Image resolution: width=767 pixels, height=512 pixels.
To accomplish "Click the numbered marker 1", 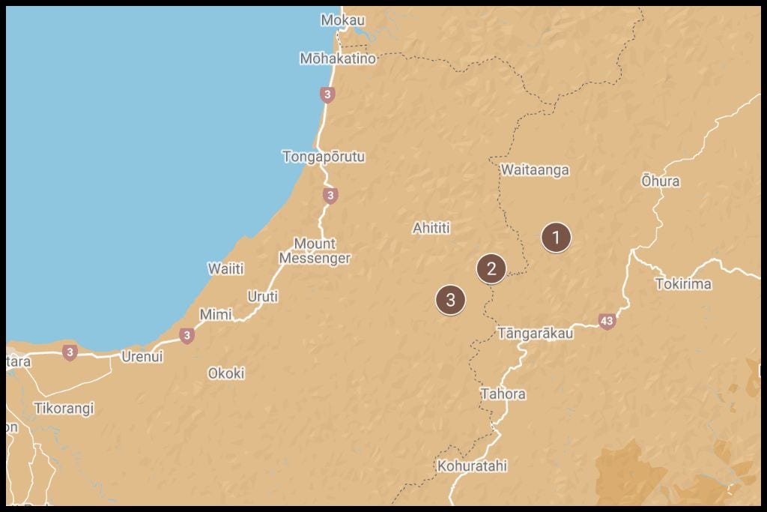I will (x=556, y=238).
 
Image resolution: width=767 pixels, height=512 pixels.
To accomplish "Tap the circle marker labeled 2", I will (x=491, y=268).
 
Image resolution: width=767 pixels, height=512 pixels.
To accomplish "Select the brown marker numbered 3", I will (x=450, y=300).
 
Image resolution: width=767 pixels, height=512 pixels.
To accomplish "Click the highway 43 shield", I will (x=607, y=322).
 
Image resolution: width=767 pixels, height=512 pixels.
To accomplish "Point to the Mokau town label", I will (x=343, y=20).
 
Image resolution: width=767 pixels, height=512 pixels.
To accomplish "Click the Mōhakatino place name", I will (x=338, y=58).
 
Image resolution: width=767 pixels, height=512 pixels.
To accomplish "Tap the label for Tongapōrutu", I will (x=324, y=157).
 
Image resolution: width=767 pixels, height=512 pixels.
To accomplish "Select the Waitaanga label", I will (x=535, y=170).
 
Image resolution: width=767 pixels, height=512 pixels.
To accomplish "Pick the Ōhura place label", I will (x=661, y=181).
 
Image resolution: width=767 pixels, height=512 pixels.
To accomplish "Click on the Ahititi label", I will (x=431, y=228).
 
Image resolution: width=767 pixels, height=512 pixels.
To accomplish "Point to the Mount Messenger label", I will (x=315, y=251).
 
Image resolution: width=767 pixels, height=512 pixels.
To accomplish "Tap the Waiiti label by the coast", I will (x=225, y=268).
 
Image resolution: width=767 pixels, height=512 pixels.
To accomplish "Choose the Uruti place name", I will (x=263, y=297).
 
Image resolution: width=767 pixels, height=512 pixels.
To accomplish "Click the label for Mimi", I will (x=216, y=315).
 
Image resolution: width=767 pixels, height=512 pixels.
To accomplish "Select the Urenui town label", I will (x=142, y=357).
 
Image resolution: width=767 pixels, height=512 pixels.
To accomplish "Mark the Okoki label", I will (x=226, y=373).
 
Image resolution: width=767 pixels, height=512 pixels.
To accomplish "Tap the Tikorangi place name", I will (x=64, y=409).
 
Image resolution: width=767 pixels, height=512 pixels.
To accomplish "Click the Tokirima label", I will (x=683, y=284).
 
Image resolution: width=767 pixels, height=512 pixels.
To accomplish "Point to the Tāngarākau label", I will (x=536, y=334).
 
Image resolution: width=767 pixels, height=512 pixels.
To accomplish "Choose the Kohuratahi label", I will (x=473, y=466).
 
